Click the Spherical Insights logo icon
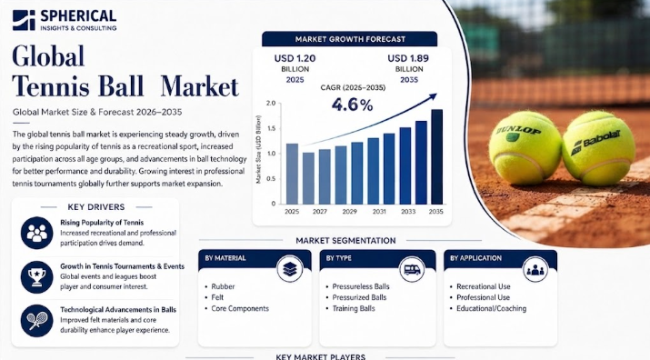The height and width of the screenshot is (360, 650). pyautogui.click(x=24, y=20)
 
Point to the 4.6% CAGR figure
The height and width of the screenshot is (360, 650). pyautogui.click(x=352, y=105)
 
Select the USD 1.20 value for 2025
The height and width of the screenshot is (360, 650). pyautogui.click(x=295, y=58)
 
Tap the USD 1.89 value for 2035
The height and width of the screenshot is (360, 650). pyautogui.click(x=408, y=58)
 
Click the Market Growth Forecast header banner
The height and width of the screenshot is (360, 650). pyautogui.click(x=349, y=39)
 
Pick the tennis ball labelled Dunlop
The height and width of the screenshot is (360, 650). pyautogui.click(x=525, y=147)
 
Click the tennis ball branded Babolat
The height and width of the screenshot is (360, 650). pyautogui.click(x=598, y=147)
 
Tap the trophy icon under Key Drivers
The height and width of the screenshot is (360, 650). pyautogui.click(x=37, y=276)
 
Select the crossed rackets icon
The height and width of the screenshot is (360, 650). pyautogui.click(x=37, y=321)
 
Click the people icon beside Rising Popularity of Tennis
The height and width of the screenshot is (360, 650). pyautogui.click(x=37, y=233)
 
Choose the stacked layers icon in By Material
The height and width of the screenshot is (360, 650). pyautogui.click(x=290, y=269)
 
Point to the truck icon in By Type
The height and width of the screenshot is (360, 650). pyautogui.click(x=412, y=270)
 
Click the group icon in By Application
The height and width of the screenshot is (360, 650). pyautogui.click(x=535, y=270)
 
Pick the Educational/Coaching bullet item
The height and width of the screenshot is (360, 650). pyautogui.click(x=488, y=308)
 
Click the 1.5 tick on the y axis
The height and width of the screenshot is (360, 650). pyautogui.click(x=271, y=128)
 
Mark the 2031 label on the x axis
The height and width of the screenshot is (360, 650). pyautogui.click(x=379, y=212)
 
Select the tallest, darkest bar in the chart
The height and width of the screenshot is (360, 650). pyautogui.click(x=437, y=156)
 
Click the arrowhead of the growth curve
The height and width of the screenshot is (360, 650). pyautogui.click(x=433, y=96)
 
